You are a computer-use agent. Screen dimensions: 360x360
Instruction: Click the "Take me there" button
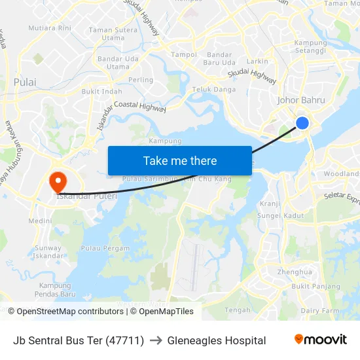[179, 161]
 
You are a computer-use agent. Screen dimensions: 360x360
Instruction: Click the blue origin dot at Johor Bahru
[302, 122]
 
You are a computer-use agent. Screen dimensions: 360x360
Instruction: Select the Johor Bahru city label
[301, 100]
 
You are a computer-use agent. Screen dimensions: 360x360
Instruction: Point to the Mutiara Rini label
[50, 28]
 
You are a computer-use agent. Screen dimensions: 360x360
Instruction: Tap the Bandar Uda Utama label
[118, 63]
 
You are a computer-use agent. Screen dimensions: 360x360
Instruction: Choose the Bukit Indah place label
[102, 92]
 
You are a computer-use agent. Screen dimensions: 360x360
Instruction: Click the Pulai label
[25, 82]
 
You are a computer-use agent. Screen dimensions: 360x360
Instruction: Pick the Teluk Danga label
[214, 89]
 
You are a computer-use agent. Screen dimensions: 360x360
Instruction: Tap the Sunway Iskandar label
[48, 253]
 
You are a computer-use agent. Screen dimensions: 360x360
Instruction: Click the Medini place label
[40, 221]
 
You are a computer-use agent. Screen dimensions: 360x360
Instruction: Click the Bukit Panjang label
[315, 287]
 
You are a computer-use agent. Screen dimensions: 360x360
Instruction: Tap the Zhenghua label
[295, 272]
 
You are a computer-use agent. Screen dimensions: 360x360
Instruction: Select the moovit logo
[321, 340]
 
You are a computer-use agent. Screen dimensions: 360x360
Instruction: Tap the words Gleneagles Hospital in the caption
[216, 340]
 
